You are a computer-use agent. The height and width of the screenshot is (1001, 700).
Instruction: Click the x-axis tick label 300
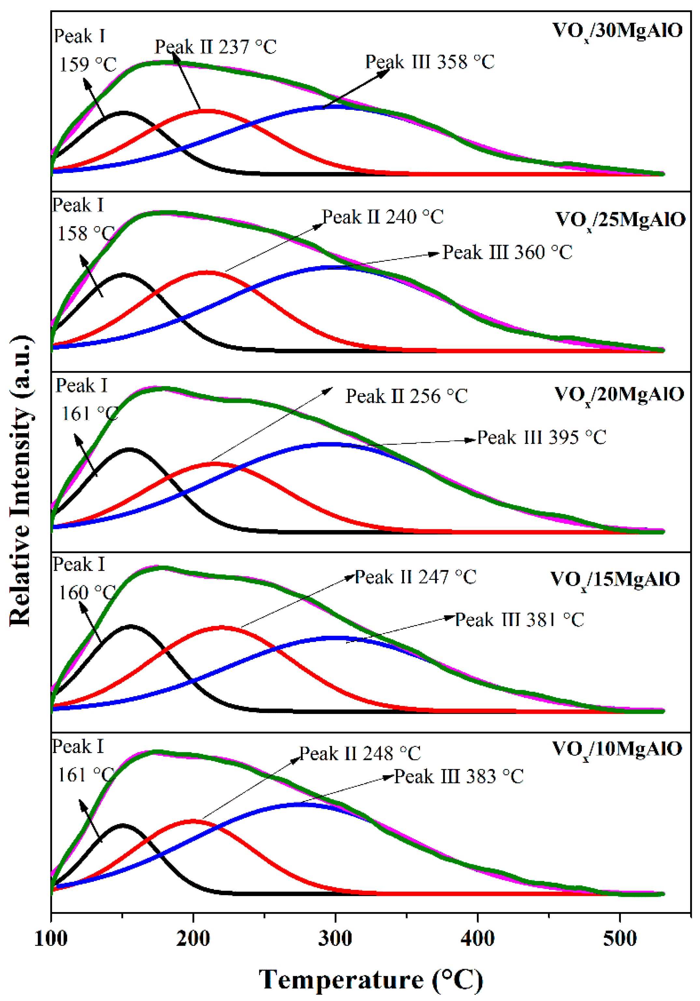(x=335, y=938)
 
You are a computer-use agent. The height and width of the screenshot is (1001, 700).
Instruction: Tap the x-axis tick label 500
(x=620, y=938)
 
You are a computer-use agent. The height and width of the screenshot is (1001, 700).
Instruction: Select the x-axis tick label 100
(x=51, y=938)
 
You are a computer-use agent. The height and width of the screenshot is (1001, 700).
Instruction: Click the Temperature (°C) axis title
(x=371, y=979)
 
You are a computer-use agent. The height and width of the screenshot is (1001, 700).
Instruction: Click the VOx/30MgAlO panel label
(x=617, y=31)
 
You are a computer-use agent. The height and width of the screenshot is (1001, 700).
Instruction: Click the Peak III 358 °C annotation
(x=430, y=62)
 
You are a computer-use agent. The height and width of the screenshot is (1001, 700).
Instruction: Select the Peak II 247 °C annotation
(x=415, y=577)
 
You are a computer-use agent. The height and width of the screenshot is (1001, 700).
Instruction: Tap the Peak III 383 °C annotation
(x=458, y=777)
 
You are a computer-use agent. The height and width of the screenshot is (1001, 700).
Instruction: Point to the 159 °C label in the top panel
(x=88, y=65)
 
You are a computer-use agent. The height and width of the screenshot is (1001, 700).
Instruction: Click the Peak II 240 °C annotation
(x=383, y=217)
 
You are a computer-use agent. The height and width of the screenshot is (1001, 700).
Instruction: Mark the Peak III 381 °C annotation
(x=520, y=620)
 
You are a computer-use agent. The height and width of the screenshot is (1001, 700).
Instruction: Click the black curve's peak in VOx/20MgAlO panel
(x=129, y=449)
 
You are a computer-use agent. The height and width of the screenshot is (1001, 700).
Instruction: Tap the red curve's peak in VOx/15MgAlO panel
(x=221, y=628)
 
